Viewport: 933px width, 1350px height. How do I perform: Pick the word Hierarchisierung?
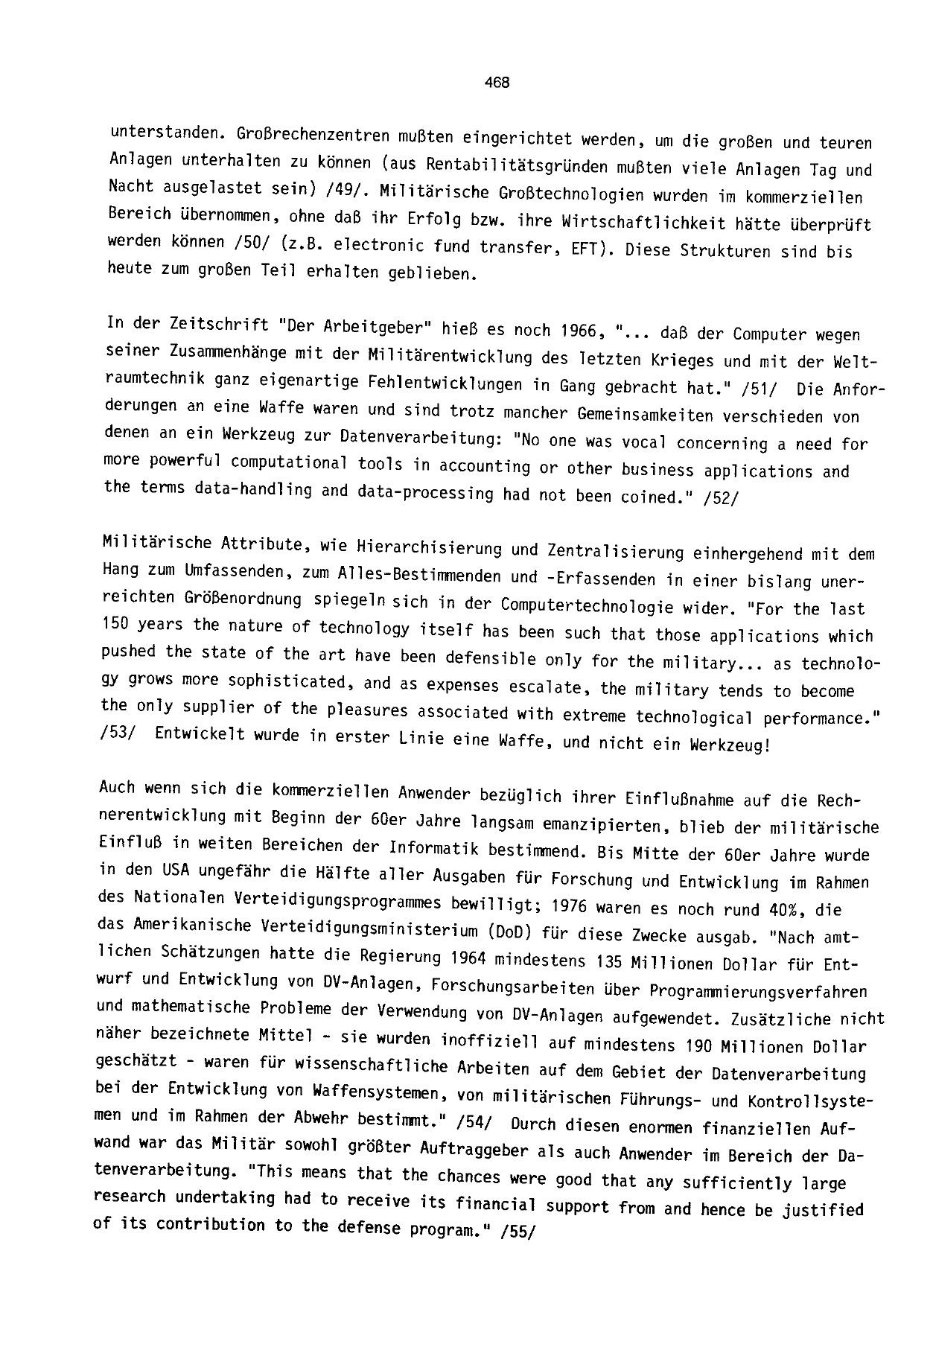point(425,549)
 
